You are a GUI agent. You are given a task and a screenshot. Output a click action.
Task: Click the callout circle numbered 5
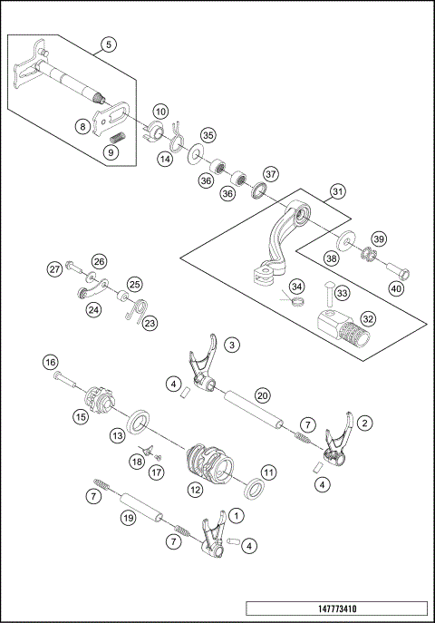point(109,44)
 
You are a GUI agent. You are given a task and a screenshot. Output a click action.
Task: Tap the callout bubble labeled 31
point(337,191)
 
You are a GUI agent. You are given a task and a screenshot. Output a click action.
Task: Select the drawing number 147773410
point(335,608)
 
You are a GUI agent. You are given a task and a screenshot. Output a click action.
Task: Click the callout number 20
point(262,395)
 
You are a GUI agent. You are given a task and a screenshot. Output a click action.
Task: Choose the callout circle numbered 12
point(196,489)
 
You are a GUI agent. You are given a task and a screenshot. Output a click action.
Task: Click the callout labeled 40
point(396,288)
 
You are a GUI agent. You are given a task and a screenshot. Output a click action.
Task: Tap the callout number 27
point(55,268)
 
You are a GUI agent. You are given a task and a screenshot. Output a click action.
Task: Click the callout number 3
point(233,345)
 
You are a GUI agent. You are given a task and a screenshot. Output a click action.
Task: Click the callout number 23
point(150,322)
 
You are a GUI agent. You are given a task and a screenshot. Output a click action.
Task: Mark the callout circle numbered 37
point(271,173)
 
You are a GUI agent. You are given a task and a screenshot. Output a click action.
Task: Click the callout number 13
point(117,435)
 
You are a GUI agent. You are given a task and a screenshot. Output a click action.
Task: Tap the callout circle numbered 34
point(296,286)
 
